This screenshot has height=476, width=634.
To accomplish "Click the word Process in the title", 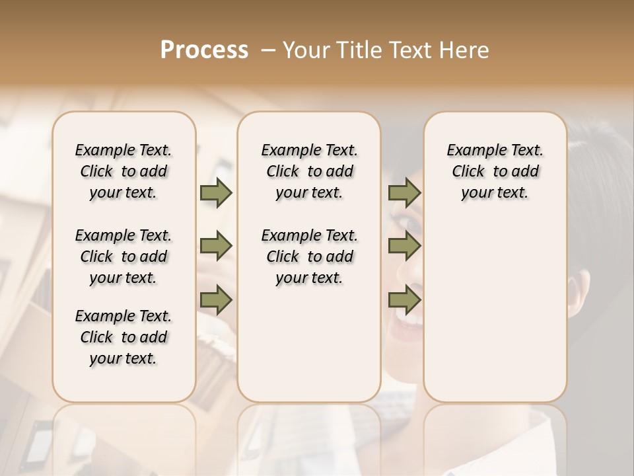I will pos(204,50).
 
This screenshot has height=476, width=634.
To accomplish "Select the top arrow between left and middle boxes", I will pos(216,192).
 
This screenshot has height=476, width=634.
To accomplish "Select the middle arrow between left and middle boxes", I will pos(216,246).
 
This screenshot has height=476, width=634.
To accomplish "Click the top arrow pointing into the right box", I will pos(404,192).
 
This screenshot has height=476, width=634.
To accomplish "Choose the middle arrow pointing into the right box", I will pos(404,246).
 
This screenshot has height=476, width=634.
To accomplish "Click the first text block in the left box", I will pos(123,171).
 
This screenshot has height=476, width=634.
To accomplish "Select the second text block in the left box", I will pos(123,257).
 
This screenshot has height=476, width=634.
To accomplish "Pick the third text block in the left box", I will pos(123,337).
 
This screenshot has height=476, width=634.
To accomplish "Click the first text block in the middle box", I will pos(309,171).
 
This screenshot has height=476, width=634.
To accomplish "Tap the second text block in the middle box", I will pos(309,257).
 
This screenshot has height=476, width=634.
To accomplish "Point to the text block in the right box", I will pos(495,171).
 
